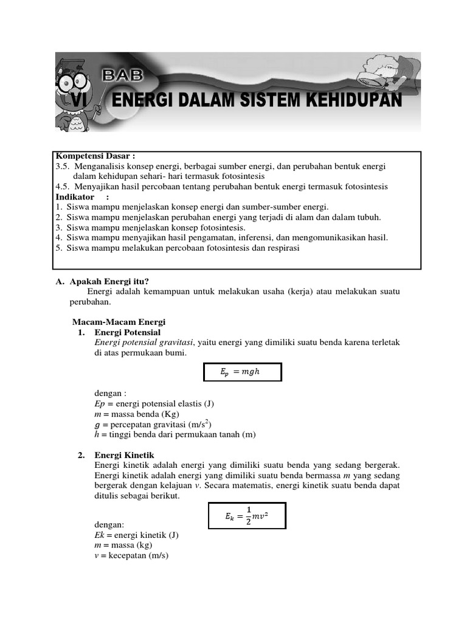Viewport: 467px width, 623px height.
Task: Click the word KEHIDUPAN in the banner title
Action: tap(355, 100)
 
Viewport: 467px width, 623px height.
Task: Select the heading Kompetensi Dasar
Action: tap(95, 157)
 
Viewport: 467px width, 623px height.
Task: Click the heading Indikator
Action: tap(75, 197)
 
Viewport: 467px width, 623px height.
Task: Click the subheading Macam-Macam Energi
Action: tap(119, 322)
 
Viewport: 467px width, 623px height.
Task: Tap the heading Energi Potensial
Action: tap(128, 332)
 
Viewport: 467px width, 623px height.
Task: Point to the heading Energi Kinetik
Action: tap(124, 455)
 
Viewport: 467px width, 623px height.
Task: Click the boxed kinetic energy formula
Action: tap(247, 515)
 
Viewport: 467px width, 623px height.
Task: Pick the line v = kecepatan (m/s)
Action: tap(128, 555)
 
